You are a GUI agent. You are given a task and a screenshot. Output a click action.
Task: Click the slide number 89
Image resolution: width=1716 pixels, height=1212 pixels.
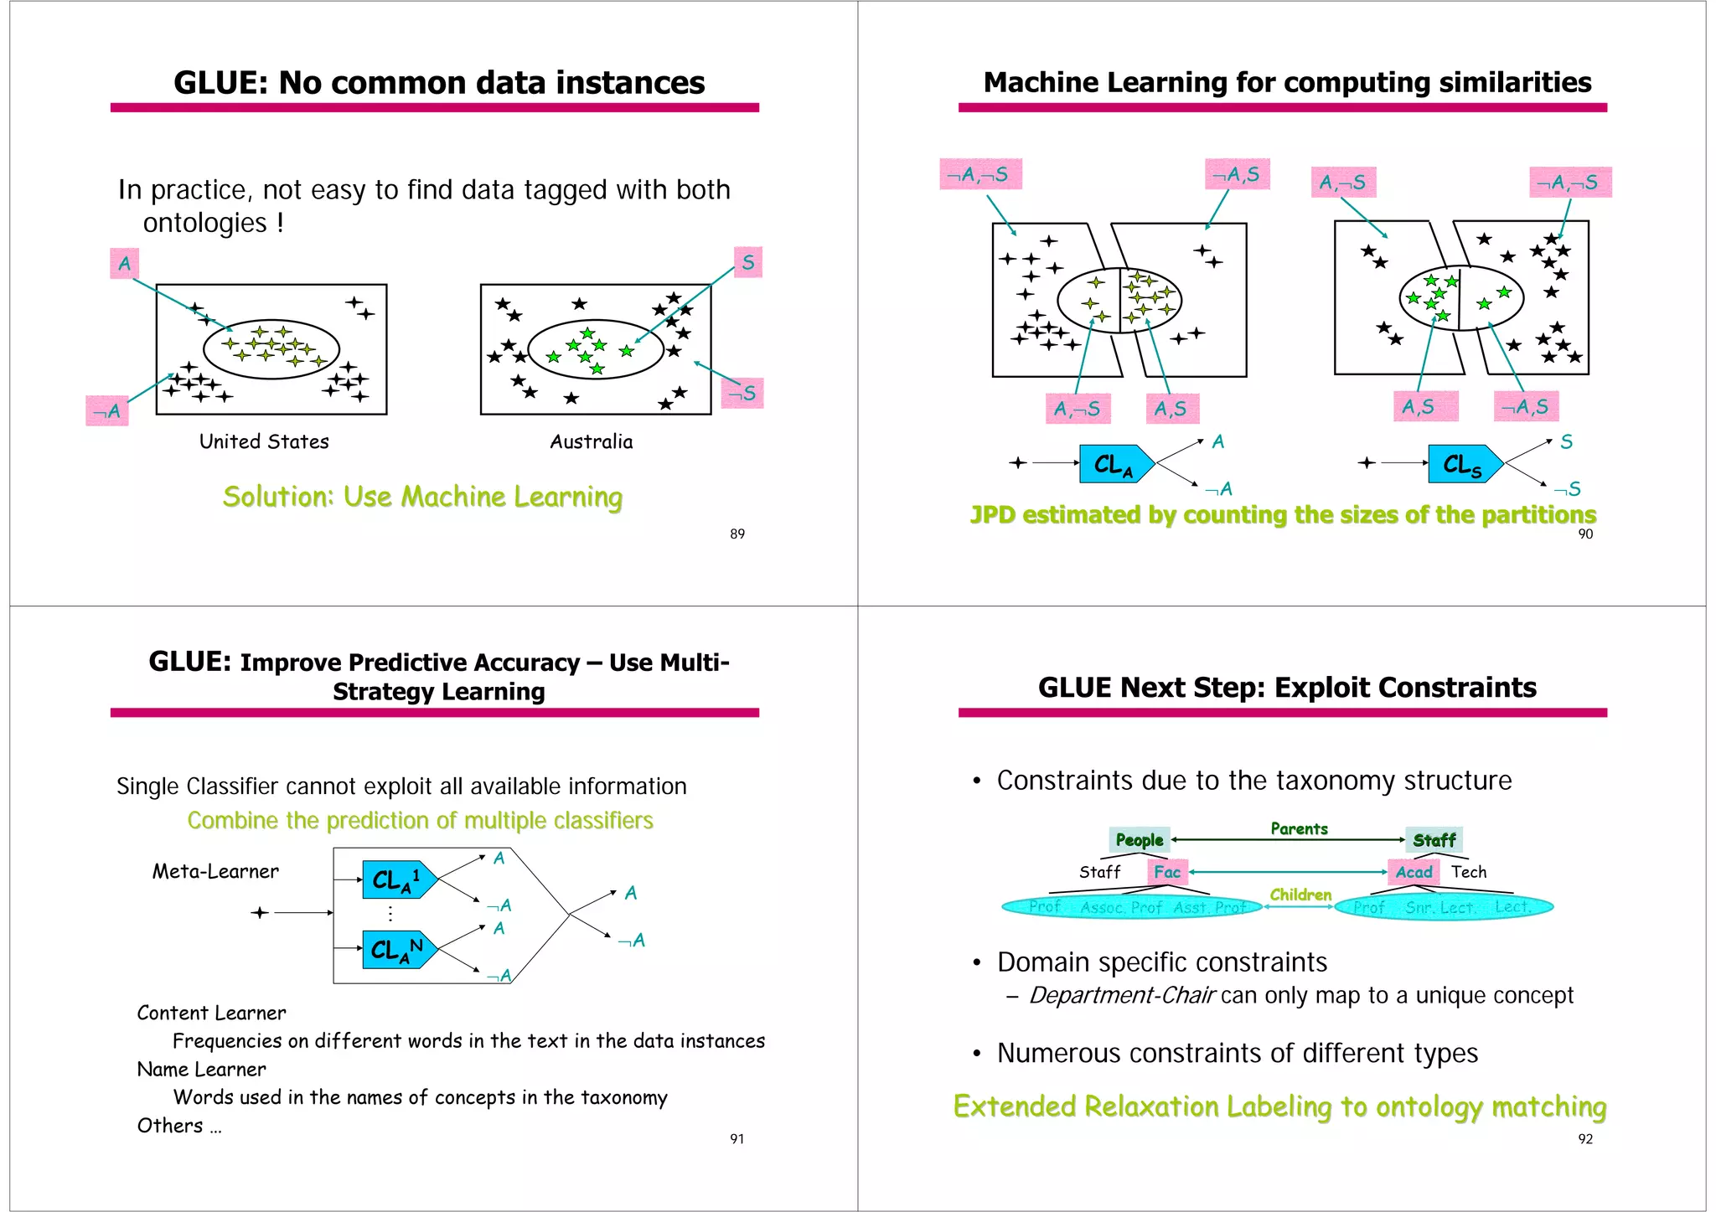pos(737,534)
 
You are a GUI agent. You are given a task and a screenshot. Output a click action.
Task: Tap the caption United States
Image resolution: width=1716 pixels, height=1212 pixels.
pos(264,441)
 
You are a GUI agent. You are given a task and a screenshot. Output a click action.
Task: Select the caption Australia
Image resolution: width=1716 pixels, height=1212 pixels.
pos(591,441)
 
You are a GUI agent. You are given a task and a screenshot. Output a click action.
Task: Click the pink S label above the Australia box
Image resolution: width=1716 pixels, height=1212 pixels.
pos(747,262)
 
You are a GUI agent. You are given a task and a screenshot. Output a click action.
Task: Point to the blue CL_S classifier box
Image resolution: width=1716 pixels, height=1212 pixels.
pos(1463,464)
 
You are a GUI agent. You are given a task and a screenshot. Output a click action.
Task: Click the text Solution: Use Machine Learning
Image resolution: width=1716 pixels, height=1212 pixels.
pos(422,497)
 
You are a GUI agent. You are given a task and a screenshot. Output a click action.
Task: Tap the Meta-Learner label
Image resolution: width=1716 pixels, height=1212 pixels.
pos(215,871)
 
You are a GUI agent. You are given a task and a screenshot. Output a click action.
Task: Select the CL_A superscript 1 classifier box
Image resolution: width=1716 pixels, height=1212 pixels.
pos(397,879)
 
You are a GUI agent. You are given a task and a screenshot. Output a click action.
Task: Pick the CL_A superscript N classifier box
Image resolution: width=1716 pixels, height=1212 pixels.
pos(397,949)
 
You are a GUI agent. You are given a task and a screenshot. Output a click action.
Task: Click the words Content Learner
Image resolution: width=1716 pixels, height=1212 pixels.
pos(211,1013)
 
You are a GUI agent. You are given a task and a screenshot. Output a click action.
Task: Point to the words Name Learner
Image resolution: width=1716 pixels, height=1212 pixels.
pos(201,1069)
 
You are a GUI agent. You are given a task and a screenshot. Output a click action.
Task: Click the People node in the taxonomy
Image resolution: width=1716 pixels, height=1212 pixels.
pos(1139,839)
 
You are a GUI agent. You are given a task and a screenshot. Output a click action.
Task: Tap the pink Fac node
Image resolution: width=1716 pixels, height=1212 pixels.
pos(1166,872)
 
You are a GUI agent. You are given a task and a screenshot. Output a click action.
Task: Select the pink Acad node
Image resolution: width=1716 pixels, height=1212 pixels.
pos(1414,872)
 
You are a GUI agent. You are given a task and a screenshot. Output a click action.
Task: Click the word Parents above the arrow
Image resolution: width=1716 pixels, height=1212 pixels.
pos(1299,828)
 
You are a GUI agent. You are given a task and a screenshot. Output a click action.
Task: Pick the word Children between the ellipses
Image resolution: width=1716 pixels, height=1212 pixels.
pos(1300,895)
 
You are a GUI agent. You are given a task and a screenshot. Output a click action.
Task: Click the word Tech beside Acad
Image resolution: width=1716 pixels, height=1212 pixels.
pos(1469,872)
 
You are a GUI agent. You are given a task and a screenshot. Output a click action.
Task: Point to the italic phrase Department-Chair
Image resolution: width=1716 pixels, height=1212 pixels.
pos(1121,995)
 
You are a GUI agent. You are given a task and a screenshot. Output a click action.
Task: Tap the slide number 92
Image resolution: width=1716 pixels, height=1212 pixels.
pos(1584,1138)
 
